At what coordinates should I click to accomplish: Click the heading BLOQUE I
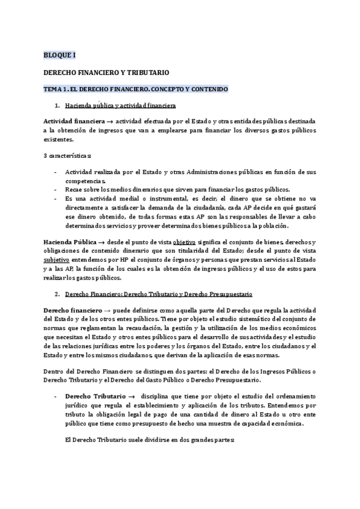point(59,55)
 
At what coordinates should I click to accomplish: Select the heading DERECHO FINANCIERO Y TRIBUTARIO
point(106,71)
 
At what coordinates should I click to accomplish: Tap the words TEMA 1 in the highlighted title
point(55,89)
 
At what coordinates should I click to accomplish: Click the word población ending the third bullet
point(273,226)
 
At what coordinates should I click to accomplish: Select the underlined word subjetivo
point(56,260)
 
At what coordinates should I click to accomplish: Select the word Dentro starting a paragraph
point(53,371)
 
